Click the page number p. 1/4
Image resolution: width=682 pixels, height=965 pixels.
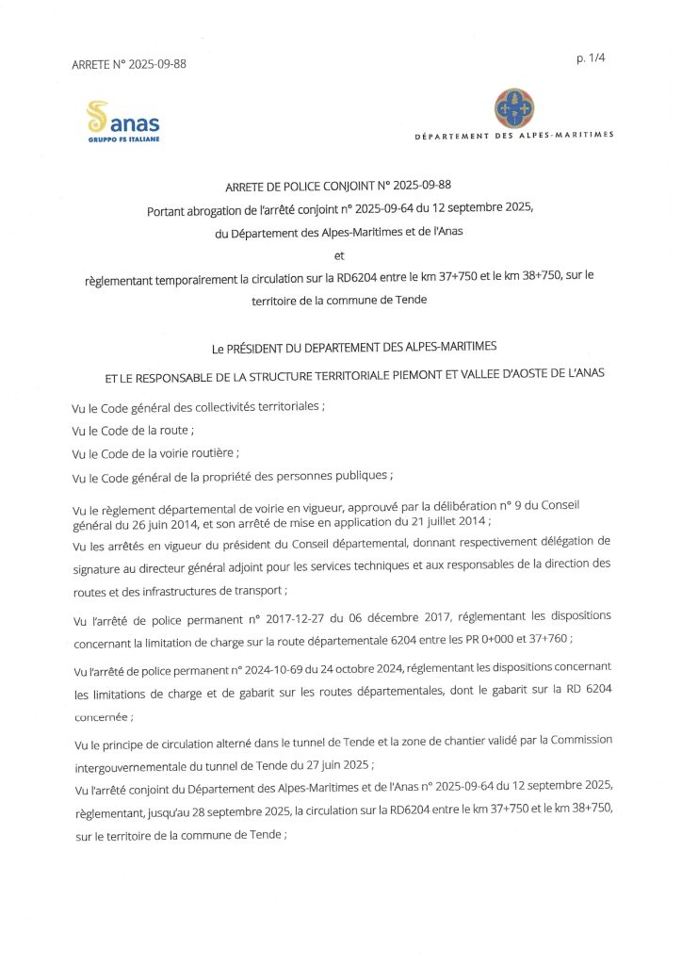pos(590,58)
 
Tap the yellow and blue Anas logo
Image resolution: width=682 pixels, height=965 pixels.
pos(122,120)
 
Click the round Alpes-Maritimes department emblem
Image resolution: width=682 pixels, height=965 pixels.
pos(513,109)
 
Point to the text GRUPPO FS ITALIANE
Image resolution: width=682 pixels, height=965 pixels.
pos(123,139)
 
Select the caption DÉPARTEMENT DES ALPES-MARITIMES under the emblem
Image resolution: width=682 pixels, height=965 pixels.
pos(514,135)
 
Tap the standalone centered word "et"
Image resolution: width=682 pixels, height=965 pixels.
pos(340,254)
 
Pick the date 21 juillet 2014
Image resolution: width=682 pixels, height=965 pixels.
pos(447,521)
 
